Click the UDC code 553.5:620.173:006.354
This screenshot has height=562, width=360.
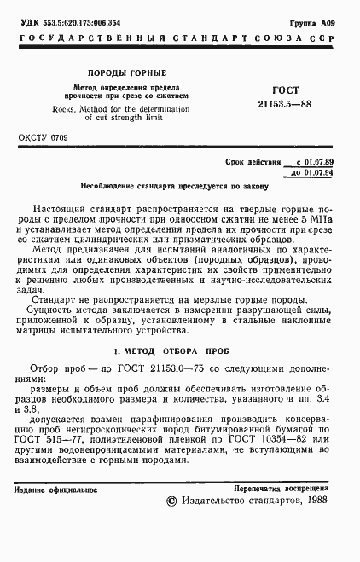[x=76, y=20]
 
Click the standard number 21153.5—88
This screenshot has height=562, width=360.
[x=283, y=102]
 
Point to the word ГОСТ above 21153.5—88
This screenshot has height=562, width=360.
[x=283, y=90]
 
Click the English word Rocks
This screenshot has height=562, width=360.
[x=63, y=110]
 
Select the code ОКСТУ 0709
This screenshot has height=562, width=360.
[x=44, y=136]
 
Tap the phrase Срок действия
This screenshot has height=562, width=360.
[x=252, y=161]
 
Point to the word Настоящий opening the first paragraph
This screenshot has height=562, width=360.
[x=61, y=209]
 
